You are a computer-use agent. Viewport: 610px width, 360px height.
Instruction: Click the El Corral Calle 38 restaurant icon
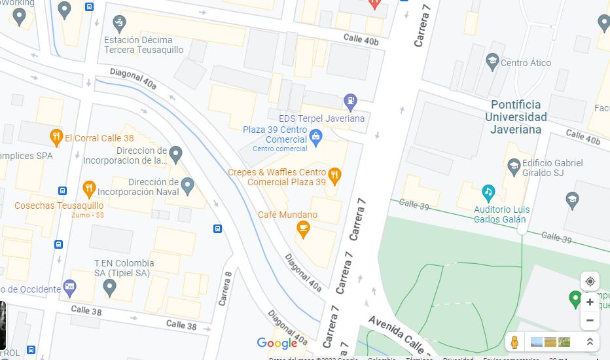[x=56, y=137]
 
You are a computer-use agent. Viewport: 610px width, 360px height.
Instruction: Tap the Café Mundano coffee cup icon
[x=302, y=228]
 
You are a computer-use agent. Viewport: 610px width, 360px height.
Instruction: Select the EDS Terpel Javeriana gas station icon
[x=351, y=101]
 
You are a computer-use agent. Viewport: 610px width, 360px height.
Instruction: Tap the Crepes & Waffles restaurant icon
[x=334, y=175]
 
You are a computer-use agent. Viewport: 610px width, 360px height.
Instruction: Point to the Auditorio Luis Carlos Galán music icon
[x=488, y=192]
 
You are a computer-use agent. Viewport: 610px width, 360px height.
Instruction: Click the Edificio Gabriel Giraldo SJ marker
[x=514, y=165]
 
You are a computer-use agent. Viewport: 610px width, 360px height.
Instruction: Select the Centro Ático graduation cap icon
[x=492, y=62]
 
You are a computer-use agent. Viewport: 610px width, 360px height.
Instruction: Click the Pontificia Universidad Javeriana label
[x=516, y=117]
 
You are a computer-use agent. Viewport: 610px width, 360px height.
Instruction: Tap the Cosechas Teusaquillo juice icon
[x=89, y=190]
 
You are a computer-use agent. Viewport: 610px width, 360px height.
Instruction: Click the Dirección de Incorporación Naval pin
[x=188, y=186]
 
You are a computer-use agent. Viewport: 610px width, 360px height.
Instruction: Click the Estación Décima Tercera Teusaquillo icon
[x=118, y=24]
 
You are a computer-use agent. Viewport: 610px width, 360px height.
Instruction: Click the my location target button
[x=590, y=281]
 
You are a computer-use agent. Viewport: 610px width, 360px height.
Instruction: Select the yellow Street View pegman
[x=515, y=342]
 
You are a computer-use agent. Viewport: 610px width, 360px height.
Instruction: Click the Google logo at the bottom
[x=277, y=343]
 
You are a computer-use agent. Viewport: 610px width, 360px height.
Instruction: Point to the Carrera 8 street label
[x=226, y=289]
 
